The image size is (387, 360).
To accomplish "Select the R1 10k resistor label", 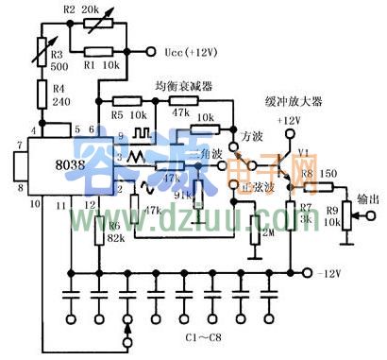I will tap(97, 66).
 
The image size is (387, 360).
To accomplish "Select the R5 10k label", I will tap(124, 115).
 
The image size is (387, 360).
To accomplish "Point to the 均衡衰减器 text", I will tap(183, 86).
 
